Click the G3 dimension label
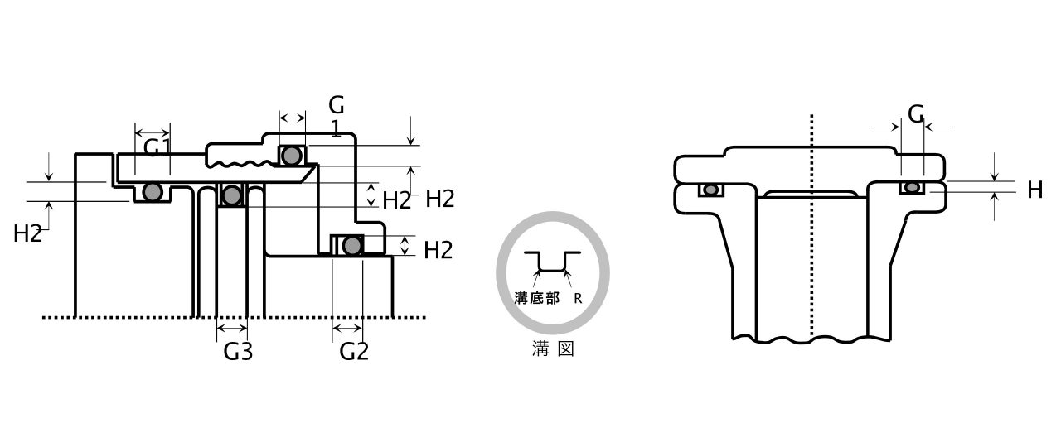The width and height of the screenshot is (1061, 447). [x=238, y=351]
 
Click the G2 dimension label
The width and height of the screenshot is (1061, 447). [x=354, y=351]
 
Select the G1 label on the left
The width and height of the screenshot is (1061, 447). [x=157, y=148]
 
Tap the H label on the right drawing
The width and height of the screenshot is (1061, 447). [x=1034, y=190]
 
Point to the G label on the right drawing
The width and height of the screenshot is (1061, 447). [x=915, y=114]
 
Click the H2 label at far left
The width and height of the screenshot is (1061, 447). [x=27, y=234]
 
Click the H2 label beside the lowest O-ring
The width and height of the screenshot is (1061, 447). [x=438, y=250]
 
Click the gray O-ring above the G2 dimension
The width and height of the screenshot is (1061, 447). [x=352, y=245]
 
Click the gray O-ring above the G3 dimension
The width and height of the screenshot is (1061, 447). [x=232, y=195]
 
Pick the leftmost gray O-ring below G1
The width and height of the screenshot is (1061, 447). [x=151, y=192]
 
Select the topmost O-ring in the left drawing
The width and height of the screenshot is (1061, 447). [x=291, y=155]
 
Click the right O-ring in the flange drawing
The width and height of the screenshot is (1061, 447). [x=912, y=188]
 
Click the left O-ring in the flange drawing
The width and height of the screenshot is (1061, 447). [x=710, y=190]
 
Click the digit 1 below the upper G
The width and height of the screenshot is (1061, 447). [x=336, y=128]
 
